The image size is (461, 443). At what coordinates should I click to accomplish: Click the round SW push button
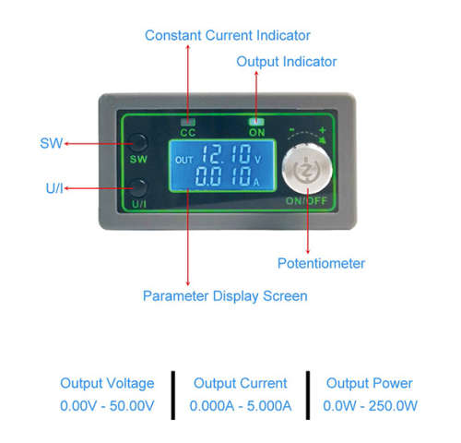click(138, 143)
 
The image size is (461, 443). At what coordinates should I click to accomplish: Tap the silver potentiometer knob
click(307, 169)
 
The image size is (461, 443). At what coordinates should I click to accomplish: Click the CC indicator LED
click(188, 122)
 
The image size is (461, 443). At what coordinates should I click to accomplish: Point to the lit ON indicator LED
click(256, 122)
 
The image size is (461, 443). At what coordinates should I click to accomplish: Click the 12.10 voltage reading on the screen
click(226, 154)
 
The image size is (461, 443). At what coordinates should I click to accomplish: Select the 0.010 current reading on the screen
click(223, 176)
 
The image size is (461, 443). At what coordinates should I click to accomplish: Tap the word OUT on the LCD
click(183, 160)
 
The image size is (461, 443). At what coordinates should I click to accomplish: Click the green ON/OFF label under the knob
click(306, 201)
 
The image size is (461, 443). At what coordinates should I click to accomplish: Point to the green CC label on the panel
click(188, 133)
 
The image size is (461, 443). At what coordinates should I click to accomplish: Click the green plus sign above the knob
click(322, 130)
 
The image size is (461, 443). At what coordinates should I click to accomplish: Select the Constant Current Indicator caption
click(228, 35)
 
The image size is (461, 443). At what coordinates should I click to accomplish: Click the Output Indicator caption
click(287, 62)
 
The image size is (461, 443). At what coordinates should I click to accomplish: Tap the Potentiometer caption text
click(321, 263)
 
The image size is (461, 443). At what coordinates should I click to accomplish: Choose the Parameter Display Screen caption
click(225, 296)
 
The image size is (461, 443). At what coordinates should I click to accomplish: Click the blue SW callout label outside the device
click(52, 143)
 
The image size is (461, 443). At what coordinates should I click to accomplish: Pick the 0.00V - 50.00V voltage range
click(107, 406)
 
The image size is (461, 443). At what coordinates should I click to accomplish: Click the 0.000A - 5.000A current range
click(241, 406)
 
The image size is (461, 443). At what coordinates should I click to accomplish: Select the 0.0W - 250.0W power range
click(370, 406)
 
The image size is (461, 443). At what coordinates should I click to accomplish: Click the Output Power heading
click(369, 383)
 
